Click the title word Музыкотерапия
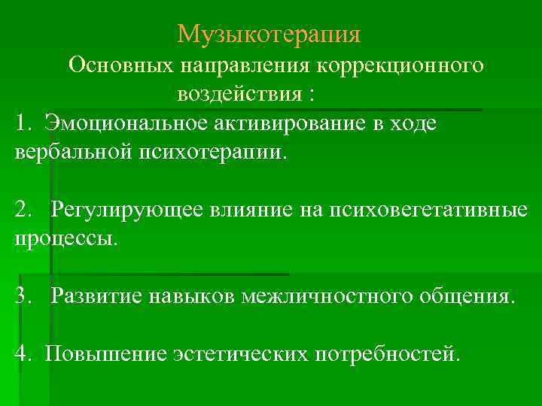tap(269, 34)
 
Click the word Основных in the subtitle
tap(120, 66)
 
